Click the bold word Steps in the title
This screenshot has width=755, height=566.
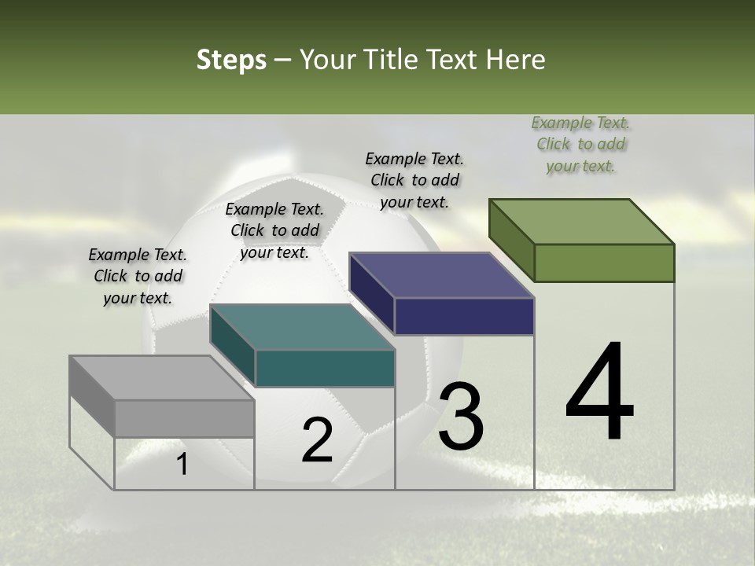pos(231,60)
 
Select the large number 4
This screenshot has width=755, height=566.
pos(599,393)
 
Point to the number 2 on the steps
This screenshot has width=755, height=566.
pos(317,440)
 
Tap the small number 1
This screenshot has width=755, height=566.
pos(182,464)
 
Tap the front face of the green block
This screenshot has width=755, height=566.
pos(604,263)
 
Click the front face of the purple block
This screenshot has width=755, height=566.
pos(464,316)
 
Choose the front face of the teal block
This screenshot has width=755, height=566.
pos(325,368)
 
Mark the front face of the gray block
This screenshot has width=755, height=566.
pos(185,418)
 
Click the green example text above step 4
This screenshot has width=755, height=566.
pos(580,145)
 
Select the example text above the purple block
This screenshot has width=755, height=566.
pos(414,180)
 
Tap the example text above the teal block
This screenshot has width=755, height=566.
pos(274,230)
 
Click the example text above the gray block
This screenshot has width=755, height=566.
pos(138,276)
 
